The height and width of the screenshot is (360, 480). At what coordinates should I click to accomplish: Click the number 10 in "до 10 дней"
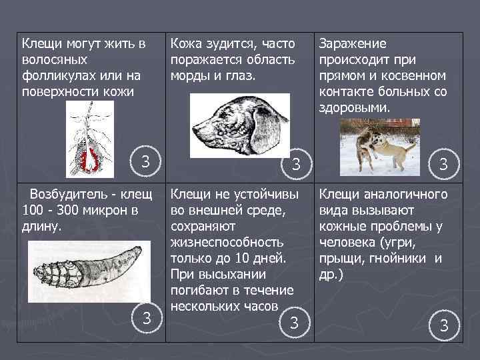252,258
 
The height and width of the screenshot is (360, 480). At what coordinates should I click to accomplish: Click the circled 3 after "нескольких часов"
293,323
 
